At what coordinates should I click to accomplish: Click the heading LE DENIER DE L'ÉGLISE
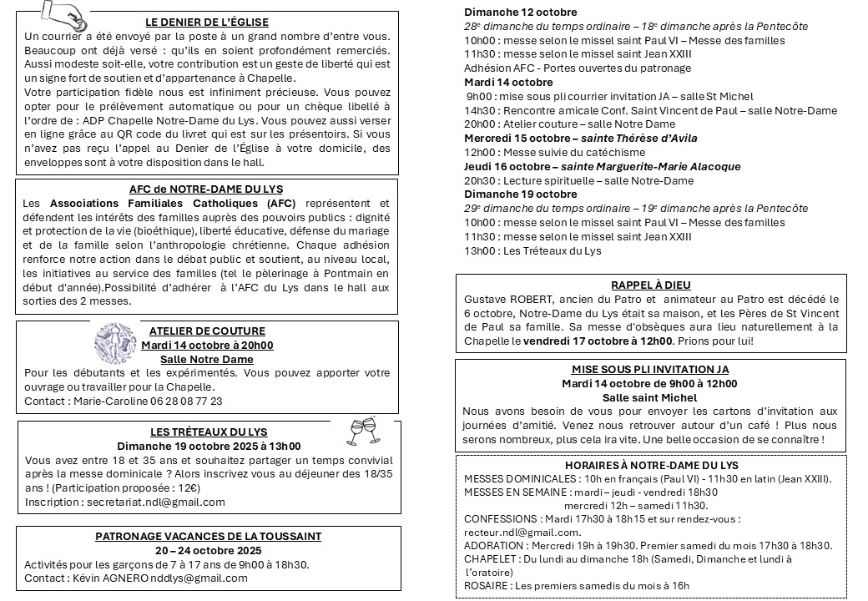coord(207,22)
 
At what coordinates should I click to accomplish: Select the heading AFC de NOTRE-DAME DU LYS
coord(207,188)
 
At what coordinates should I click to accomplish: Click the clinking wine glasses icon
coord(364,430)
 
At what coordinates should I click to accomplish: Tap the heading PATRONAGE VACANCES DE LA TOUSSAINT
coord(208,537)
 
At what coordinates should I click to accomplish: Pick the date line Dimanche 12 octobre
coord(520,12)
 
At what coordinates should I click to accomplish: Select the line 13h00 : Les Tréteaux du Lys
coord(532,250)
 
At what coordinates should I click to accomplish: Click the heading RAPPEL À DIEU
coord(650,285)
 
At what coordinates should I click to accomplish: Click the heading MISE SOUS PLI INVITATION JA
coord(650,369)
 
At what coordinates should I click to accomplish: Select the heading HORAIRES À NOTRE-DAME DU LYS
coord(651,465)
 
